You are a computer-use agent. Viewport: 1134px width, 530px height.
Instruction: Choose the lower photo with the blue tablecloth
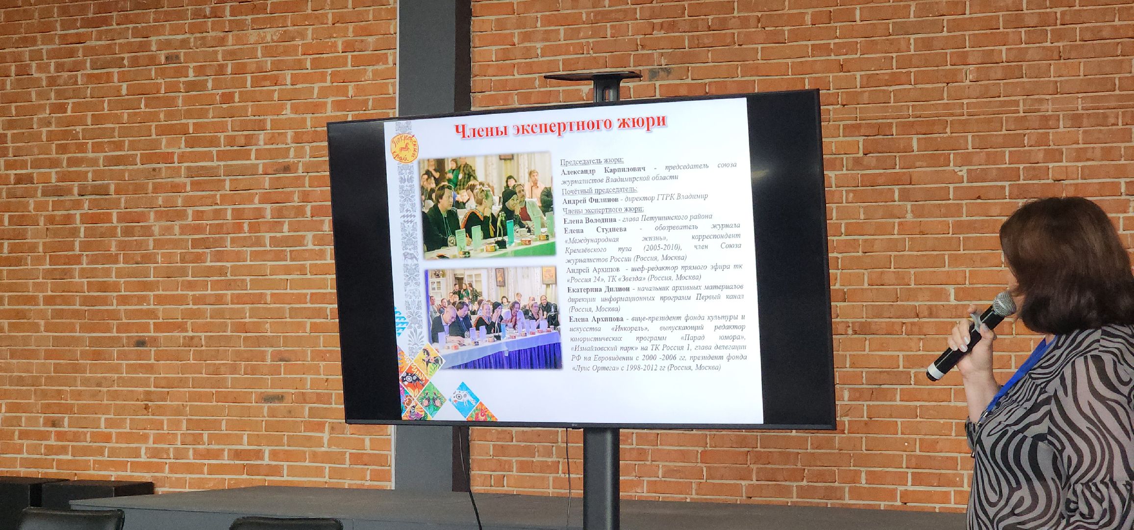coord(494,318)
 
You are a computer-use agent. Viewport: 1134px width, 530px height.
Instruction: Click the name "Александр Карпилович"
coord(604,170)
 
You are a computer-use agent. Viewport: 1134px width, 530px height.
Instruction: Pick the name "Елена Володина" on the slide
coord(590,220)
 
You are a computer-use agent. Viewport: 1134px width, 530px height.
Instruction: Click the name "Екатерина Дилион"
coord(598,289)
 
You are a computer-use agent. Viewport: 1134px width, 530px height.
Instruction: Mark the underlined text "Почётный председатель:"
coord(599,190)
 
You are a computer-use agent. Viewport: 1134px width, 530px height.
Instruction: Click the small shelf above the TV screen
coord(592,76)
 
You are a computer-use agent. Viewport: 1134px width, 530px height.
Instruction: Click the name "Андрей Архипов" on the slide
coord(592,270)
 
